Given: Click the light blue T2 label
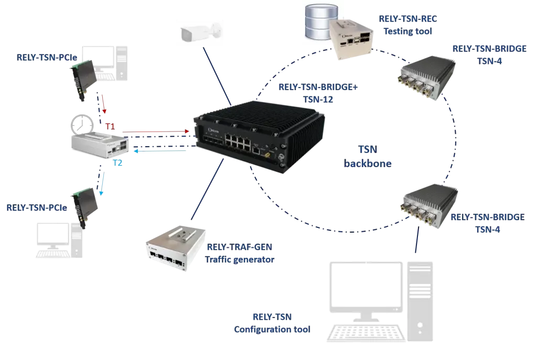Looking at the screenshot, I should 118,163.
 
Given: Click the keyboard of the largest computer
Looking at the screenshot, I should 367,333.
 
